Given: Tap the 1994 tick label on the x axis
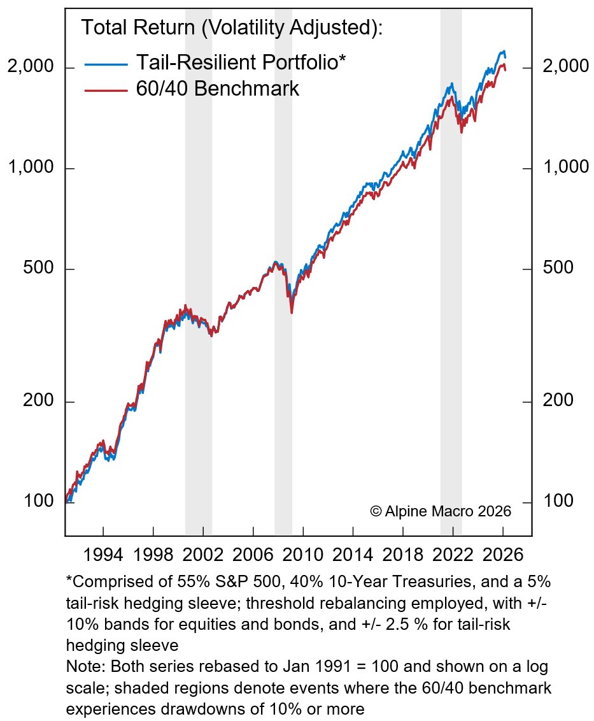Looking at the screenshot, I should (x=103, y=553).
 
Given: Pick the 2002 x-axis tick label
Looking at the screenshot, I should (x=203, y=553).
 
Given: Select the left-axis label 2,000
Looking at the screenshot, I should (x=31, y=67).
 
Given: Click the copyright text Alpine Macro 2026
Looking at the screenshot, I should (x=440, y=511).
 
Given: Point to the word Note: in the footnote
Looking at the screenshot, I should (x=83, y=667).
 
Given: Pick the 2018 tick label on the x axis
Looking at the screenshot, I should (x=404, y=553).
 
